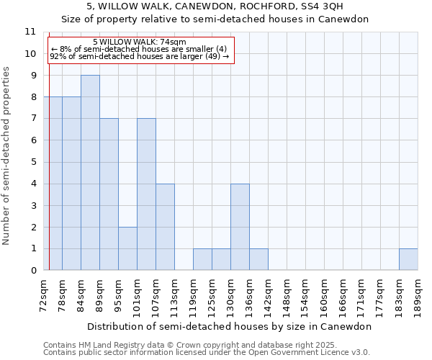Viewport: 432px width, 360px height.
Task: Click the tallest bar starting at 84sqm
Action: (90, 173)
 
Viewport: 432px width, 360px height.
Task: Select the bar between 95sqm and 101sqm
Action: (127, 248)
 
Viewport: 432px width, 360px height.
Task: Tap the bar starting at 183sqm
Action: (408, 259)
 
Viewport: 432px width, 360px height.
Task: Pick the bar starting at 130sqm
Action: (240, 227)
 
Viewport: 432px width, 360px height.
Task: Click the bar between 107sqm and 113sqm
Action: (165, 227)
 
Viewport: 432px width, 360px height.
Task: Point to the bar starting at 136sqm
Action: (258, 259)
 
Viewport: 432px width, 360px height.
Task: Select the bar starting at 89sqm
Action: (109, 194)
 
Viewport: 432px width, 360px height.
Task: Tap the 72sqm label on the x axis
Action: (44, 294)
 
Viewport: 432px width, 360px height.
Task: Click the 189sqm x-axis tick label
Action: (418, 294)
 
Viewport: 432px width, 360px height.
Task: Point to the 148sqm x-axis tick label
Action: (287, 294)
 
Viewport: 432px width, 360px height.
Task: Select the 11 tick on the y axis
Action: (30, 32)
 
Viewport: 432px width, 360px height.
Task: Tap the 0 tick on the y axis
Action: (32, 271)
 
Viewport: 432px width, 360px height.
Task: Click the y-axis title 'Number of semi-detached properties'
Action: (7, 155)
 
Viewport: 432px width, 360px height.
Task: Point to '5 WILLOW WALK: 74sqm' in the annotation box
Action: (140, 42)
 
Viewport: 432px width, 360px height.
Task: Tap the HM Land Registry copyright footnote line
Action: (185, 345)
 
